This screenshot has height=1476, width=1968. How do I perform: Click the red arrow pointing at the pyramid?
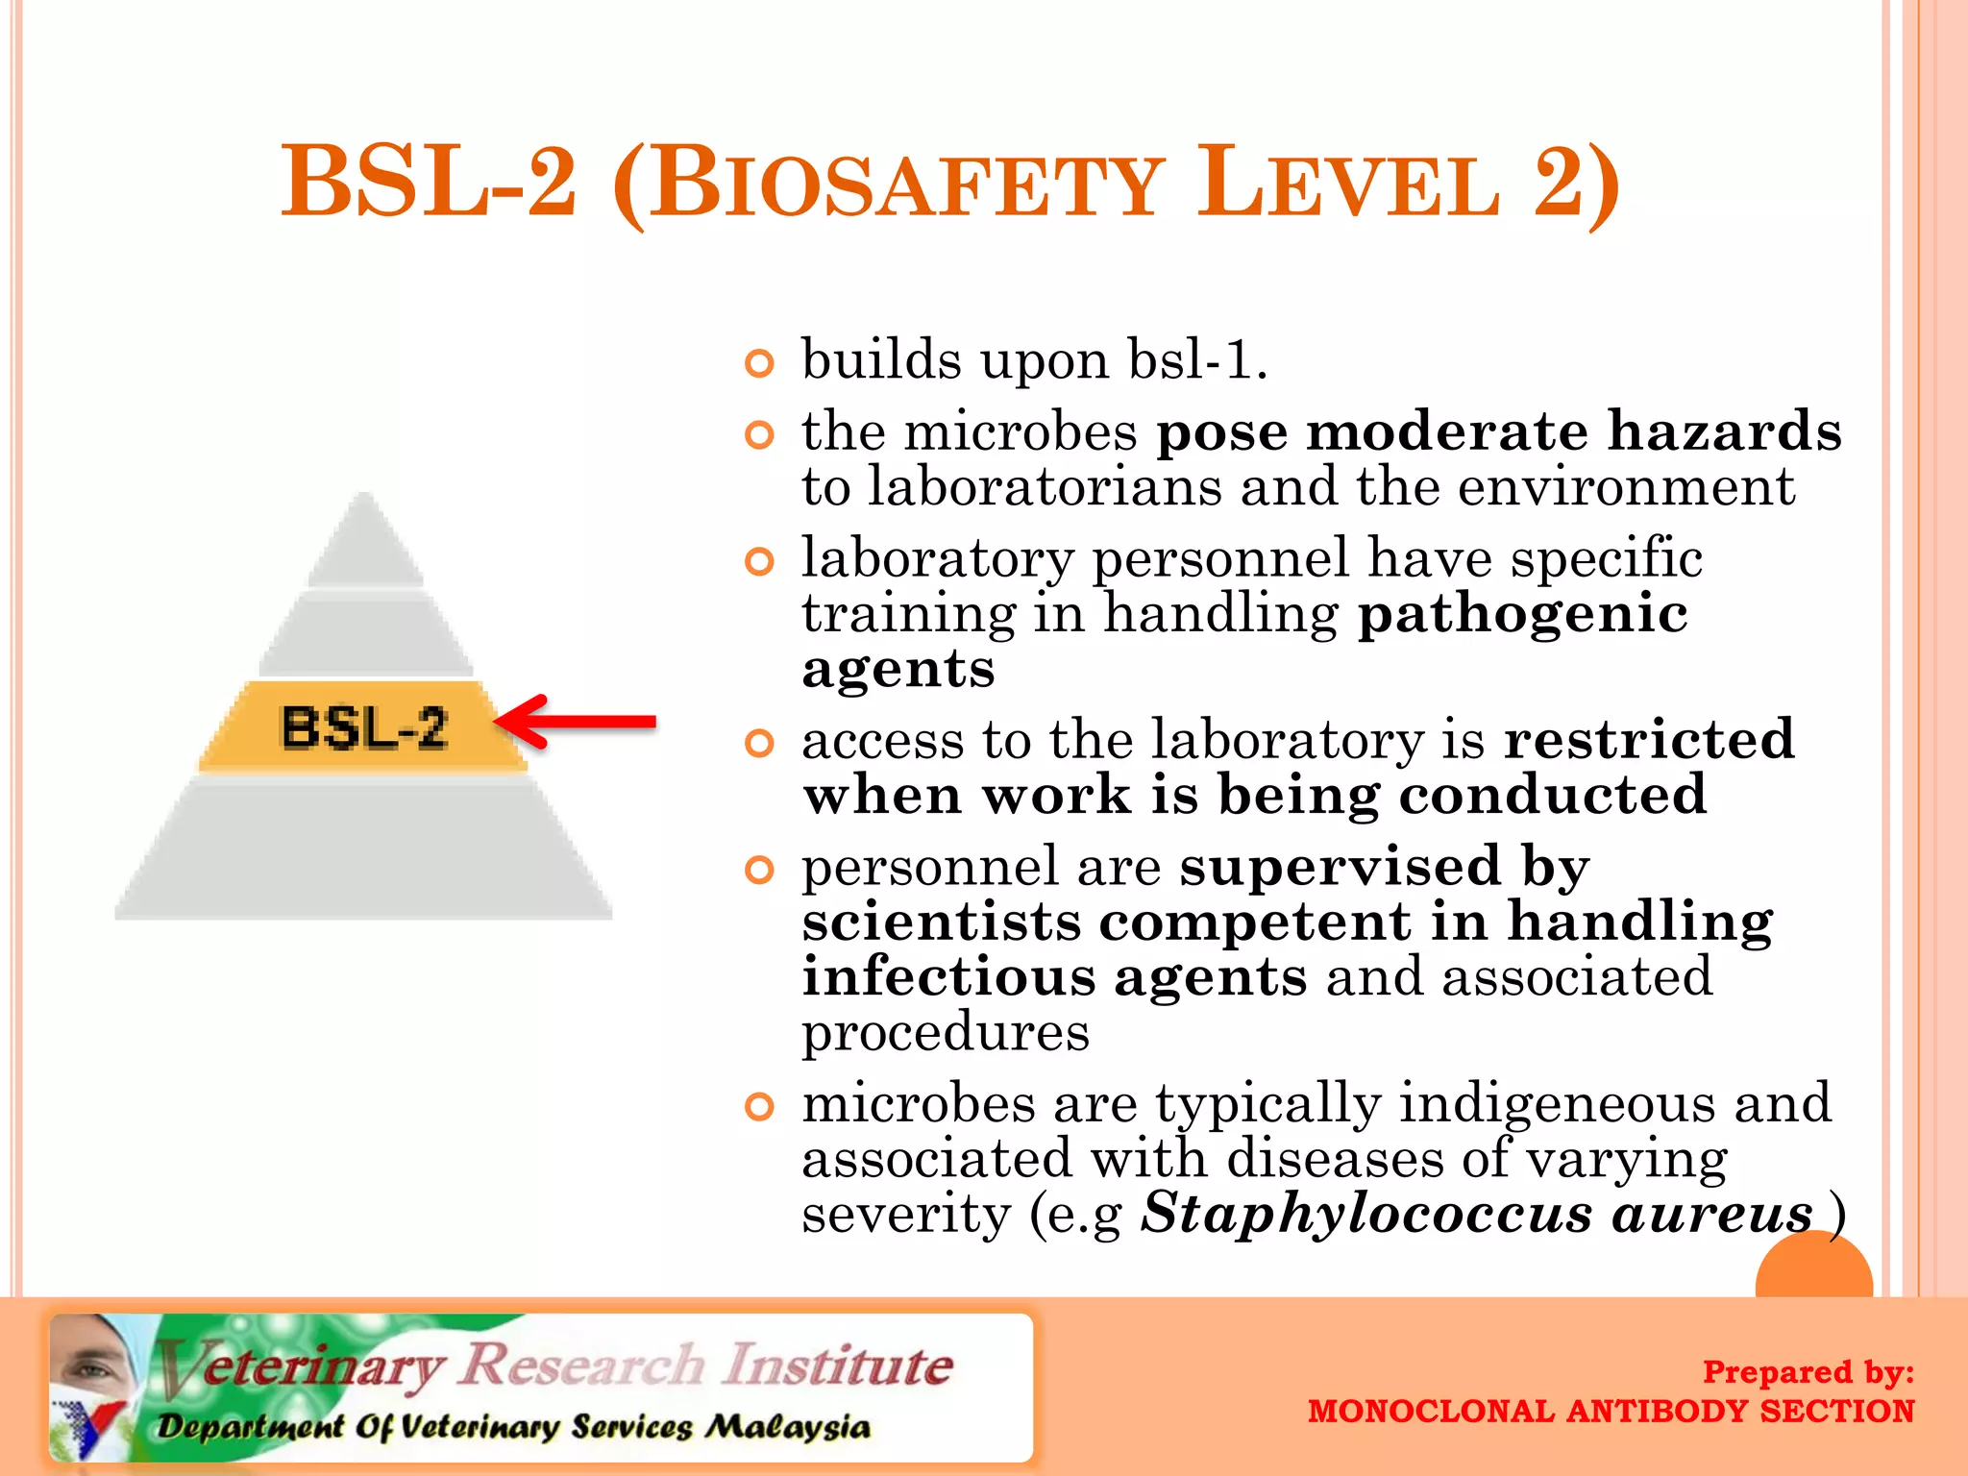577,722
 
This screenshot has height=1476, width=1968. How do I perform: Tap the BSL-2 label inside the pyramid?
364,727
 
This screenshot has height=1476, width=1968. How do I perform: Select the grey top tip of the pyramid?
365,543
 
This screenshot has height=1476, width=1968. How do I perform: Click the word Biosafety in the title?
907,184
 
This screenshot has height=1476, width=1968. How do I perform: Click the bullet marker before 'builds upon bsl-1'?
759,363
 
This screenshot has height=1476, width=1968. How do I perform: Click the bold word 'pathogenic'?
1522,615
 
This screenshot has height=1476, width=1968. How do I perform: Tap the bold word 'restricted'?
1649,739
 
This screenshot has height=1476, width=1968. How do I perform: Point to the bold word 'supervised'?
1340,866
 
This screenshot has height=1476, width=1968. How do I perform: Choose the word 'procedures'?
946,1033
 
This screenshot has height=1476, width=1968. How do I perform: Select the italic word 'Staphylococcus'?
1365,1214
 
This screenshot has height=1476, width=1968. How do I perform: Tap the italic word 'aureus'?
1711,1214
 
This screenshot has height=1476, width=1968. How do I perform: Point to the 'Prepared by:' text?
1808,1371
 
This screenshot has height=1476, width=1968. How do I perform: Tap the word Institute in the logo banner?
838,1365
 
